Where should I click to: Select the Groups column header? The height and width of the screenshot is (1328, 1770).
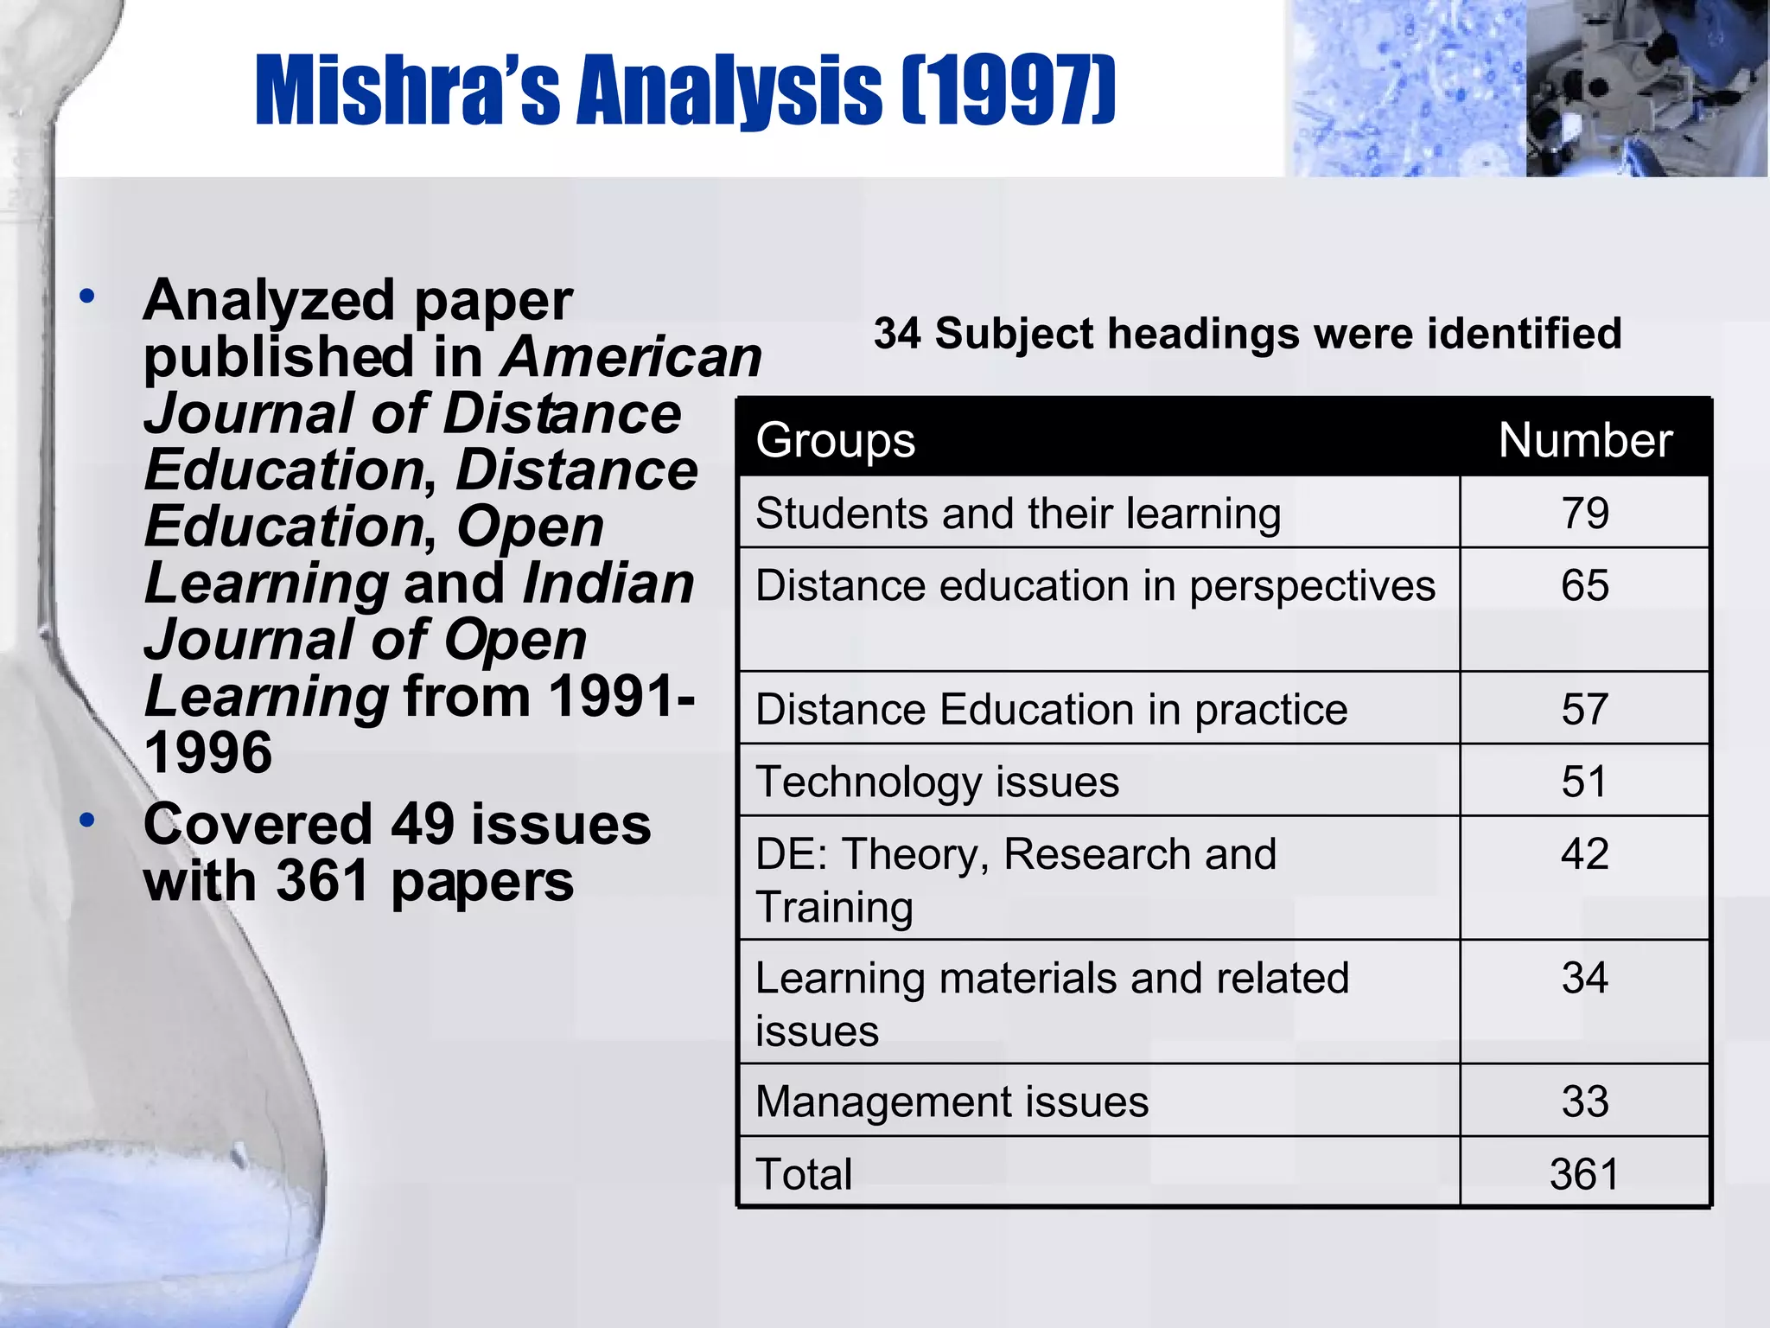pos(836,440)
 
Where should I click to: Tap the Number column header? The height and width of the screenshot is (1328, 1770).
pos(1585,440)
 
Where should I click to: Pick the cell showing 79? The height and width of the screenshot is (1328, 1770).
pos(1585,513)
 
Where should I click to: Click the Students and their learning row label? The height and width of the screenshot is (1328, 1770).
pos(1018,514)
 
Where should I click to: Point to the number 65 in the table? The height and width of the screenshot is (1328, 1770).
pos(1585,585)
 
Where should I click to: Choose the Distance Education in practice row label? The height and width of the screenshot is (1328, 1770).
pos(1051,710)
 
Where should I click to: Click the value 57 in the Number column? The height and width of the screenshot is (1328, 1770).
pos(1585,710)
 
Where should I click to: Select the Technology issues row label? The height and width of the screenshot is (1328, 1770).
pos(937,782)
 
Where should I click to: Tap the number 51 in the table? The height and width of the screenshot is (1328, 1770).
pos(1585,782)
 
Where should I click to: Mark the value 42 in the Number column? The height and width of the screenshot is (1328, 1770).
pos(1585,854)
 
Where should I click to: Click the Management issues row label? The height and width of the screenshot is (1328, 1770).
pos(952,1102)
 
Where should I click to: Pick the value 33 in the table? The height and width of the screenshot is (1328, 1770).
pos(1585,1102)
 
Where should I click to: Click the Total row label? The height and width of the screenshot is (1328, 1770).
pos(804,1174)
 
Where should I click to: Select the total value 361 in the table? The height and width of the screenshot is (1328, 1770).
pos(1585,1174)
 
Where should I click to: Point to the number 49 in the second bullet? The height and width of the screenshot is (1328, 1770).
pos(423,825)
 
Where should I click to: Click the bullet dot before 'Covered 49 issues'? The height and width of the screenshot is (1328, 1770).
pos(86,820)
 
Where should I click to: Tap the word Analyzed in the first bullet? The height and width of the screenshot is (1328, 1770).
pos(270,301)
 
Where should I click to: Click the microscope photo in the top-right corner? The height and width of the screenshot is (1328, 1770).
pos(1646,88)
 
